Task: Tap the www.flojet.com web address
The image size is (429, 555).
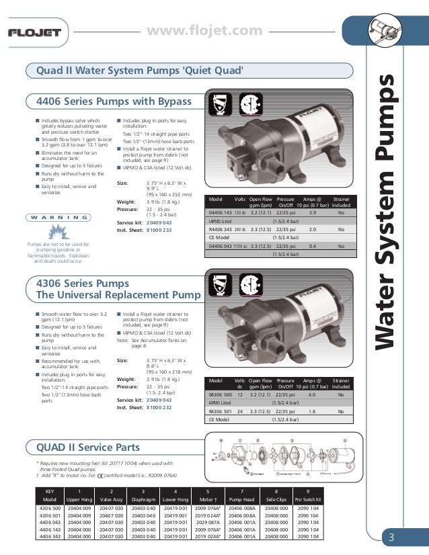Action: tap(204, 30)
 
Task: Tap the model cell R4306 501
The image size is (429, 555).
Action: tap(221, 411)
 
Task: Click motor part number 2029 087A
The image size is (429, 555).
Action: tap(208, 522)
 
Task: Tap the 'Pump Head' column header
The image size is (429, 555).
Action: tap(242, 501)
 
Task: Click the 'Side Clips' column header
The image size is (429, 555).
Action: tap(277, 501)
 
